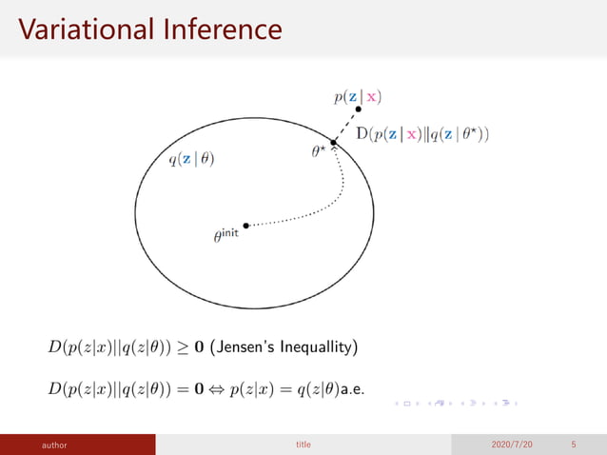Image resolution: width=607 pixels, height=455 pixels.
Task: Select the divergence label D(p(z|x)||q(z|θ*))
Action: [423, 134]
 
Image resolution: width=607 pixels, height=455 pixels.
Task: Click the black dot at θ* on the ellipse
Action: [334, 143]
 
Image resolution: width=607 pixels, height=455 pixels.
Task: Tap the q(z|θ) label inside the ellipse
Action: [191, 160]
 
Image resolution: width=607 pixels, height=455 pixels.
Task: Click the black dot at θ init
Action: [246, 226]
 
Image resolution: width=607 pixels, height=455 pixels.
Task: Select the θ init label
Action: [225, 235]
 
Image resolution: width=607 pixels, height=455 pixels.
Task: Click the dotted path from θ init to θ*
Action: [323, 208]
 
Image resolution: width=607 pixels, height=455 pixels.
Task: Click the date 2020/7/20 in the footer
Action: [514, 445]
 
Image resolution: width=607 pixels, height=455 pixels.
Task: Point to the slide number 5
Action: [574, 445]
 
